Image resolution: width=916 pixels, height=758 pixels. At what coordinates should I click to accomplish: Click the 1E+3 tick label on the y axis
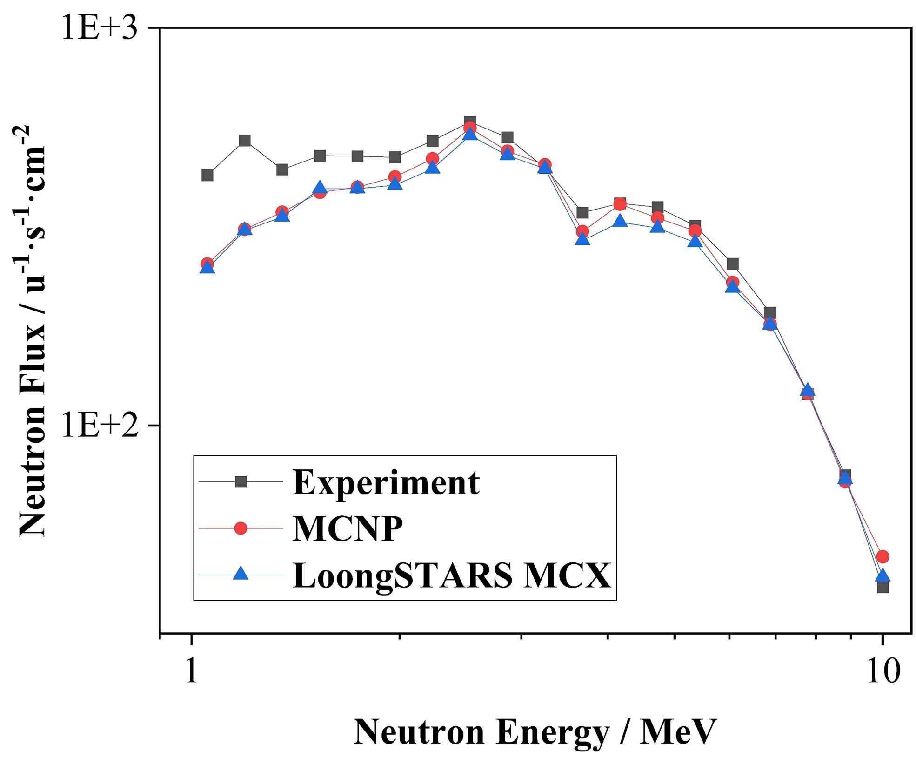[x=100, y=29]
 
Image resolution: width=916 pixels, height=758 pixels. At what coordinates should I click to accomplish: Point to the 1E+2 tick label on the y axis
[x=100, y=426]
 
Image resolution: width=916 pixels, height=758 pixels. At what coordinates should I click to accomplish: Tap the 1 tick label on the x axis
[x=191, y=672]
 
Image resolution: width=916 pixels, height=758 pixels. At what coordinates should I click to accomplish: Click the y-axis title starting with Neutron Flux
[x=33, y=331]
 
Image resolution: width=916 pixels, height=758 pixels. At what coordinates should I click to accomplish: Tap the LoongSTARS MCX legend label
[x=451, y=575]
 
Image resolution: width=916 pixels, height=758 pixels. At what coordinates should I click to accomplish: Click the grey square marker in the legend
[x=241, y=482]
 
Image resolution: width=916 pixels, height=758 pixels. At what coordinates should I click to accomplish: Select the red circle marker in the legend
[x=241, y=528]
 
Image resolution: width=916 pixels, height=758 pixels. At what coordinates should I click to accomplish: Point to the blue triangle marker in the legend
[x=241, y=575]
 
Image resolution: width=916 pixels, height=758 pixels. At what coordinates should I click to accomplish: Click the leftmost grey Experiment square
[x=207, y=175]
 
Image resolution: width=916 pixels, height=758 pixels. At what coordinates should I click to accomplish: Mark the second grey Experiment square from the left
[x=245, y=141]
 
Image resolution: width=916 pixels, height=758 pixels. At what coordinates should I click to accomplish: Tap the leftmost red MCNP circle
[x=207, y=264]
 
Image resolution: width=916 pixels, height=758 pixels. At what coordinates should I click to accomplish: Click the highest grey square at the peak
[x=470, y=122]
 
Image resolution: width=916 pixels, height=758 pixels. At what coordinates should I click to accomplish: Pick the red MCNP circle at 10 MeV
[x=883, y=556]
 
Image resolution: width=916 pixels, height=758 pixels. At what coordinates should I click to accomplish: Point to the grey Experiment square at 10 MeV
[x=883, y=587]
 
